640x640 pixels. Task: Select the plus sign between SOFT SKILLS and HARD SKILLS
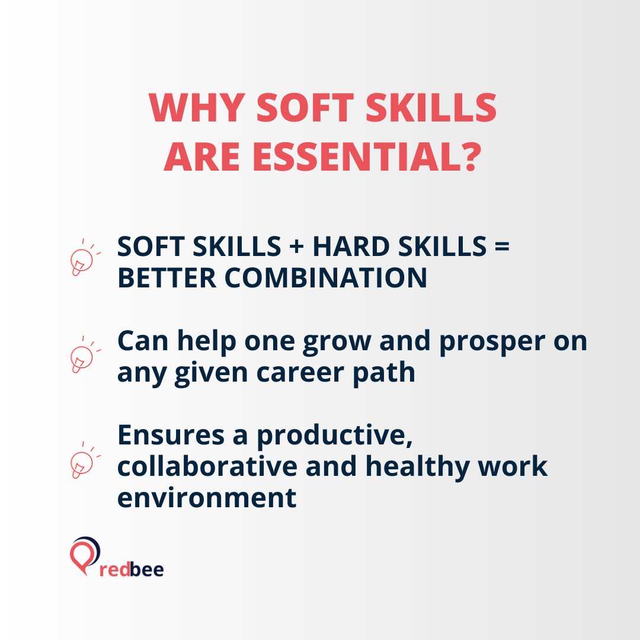click(295, 247)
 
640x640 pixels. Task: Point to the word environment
click(207, 498)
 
